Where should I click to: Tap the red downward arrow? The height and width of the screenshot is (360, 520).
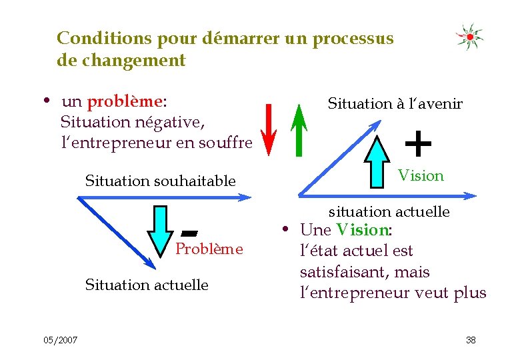point(268,129)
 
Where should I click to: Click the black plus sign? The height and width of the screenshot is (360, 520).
point(418,142)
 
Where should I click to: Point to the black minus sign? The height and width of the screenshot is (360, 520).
point(190,233)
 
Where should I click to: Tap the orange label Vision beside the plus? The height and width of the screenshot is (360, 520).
point(421,176)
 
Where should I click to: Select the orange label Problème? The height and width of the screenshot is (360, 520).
point(209,249)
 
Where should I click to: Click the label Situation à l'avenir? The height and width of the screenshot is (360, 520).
point(395,103)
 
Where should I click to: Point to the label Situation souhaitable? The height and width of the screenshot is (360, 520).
point(160,181)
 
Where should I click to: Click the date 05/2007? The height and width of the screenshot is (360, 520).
point(61,340)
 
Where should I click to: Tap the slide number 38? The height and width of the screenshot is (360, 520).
point(471,340)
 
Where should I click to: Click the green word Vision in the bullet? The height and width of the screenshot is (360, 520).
point(362,230)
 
